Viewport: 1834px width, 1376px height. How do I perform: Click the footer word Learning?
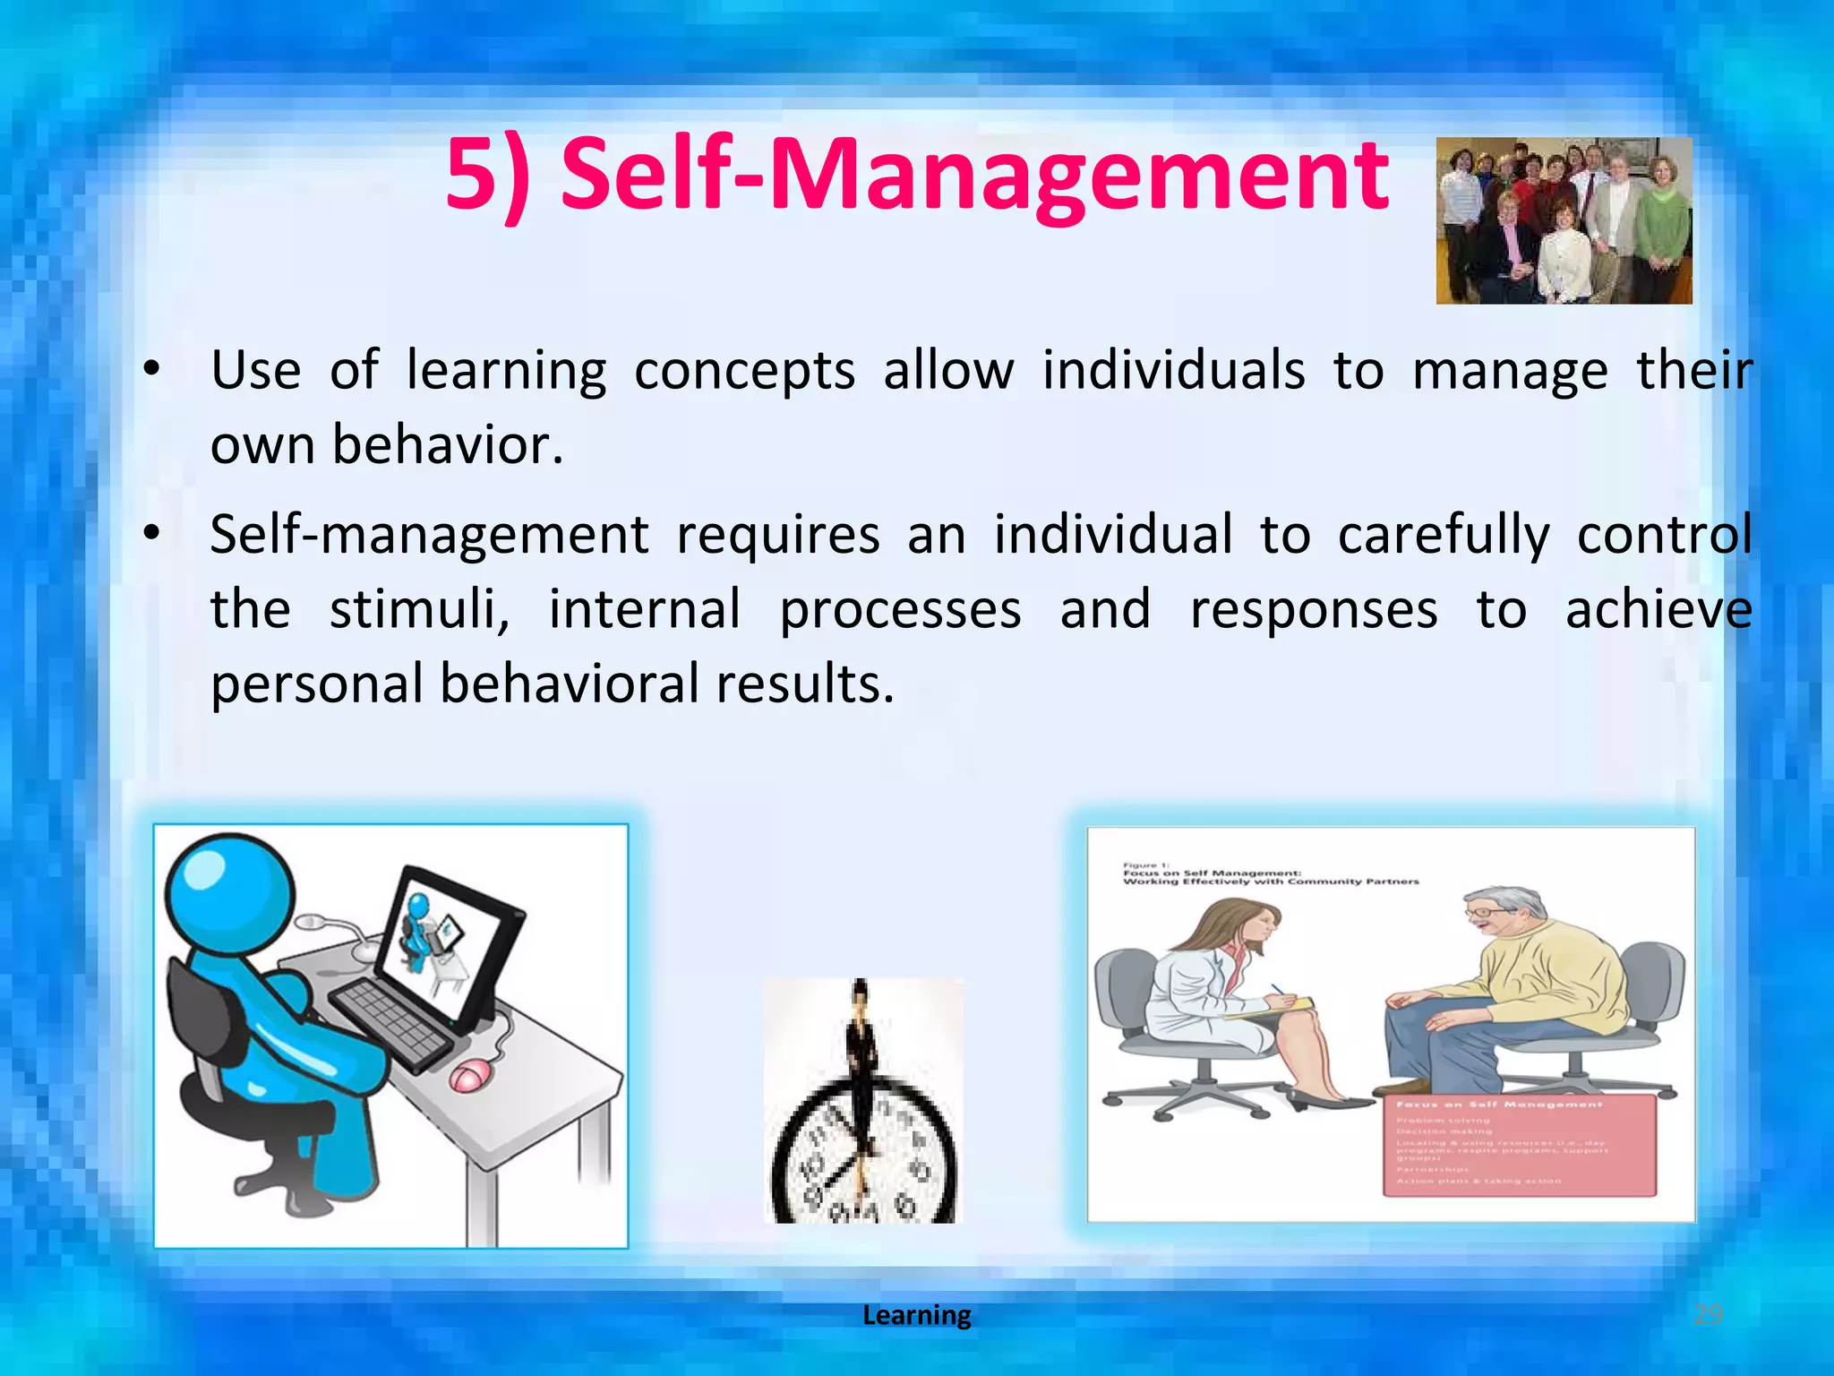pyautogui.click(x=916, y=1314)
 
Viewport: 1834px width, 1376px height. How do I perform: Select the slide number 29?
pyautogui.click(x=1708, y=1314)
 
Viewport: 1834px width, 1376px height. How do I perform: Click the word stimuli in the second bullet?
pyautogui.click(x=419, y=609)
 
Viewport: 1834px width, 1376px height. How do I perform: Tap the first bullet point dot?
pyautogui.click(x=151, y=368)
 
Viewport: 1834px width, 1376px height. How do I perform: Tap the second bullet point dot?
pyautogui.click(x=151, y=533)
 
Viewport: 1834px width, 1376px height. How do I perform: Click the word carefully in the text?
pyautogui.click(x=1443, y=535)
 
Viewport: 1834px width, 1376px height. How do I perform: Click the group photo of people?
pyautogui.click(x=1564, y=220)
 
